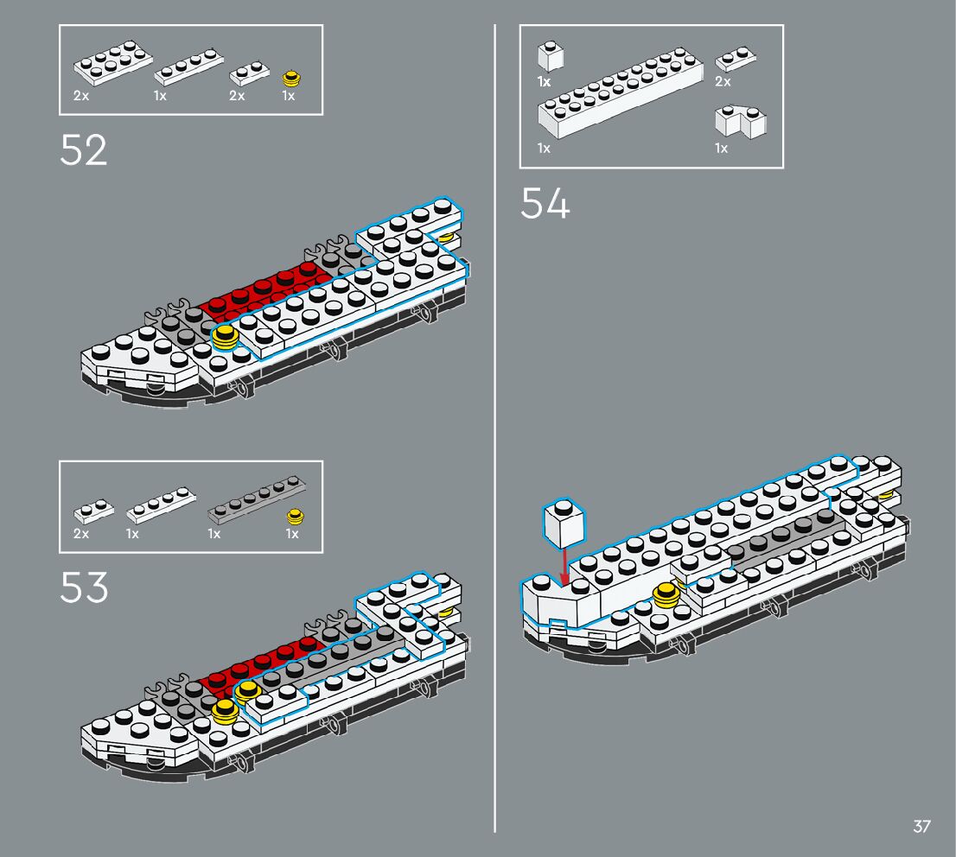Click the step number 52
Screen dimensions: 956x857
[x=84, y=150]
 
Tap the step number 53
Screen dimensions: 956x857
[x=84, y=587]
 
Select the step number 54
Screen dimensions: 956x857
[x=545, y=205]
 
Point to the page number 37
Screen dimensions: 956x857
[x=921, y=827]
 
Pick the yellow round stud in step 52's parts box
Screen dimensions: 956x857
[x=293, y=78]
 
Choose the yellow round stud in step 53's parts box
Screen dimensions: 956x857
[x=295, y=517]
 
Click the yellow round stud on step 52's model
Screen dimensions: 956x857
[x=226, y=337]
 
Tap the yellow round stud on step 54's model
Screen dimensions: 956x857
[x=666, y=595]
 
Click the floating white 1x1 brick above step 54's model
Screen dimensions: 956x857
[x=564, y=524]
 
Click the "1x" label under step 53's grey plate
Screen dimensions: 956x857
[x=214, y=534]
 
